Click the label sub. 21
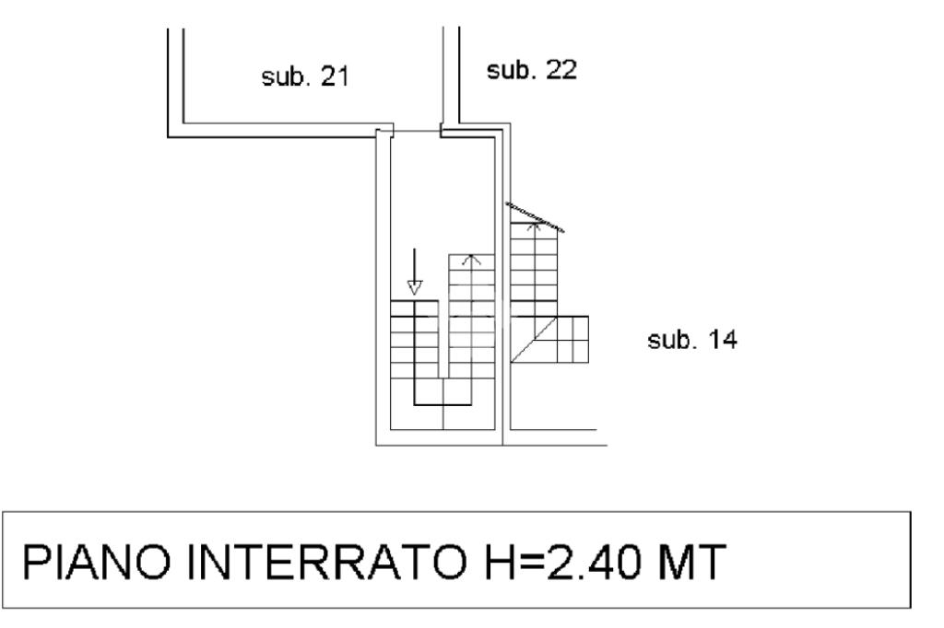(305, 77)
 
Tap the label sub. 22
(532, 70)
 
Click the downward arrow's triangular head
(415, 287)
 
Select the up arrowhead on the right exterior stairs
(533, 224)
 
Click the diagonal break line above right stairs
(536, 215)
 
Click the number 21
(334, 77)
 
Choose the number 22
(560, 70)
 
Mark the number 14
(721, 341)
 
